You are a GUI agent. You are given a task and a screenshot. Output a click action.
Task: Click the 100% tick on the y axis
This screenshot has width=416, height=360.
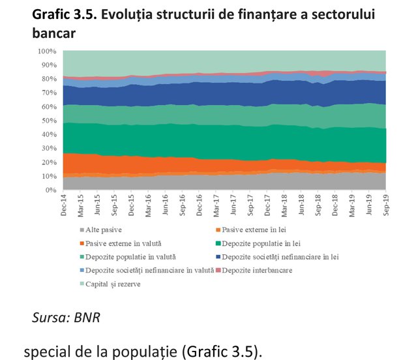pyautogui.click(x=47, y=52)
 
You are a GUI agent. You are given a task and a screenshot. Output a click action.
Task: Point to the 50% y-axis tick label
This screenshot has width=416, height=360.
pyautogui.click(x=49, y=121)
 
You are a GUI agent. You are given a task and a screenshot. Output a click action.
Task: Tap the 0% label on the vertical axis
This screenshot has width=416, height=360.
pyautogui.click(x=51, y=190)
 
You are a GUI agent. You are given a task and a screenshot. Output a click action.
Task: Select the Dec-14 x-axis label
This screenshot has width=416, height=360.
pyautogui.click(x=63, y=205)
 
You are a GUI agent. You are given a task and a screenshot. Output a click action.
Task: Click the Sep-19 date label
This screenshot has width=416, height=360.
pyautogui.click(x=386, y=205)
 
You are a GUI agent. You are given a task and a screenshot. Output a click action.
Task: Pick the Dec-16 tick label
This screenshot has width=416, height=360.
pyautogui.click(x=200, y=205)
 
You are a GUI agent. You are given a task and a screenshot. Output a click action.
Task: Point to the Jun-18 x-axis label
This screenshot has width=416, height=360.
pyautogui.click(x=301, y=205)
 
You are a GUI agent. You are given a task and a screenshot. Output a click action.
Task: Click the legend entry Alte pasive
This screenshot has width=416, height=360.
pyautogui.click(x=101, y=230)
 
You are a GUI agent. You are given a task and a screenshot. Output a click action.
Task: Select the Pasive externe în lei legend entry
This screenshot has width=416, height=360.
pyautogui.click(x=251, y=230)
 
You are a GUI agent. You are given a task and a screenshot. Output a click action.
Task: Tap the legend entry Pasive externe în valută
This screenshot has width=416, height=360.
pyautogui.click(x=121, y=243)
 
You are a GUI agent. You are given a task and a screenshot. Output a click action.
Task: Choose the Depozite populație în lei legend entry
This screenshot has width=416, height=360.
pyautogui.click(x=258, y=243)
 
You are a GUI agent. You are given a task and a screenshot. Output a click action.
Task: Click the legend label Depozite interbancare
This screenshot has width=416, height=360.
pyautogui.click(x=254, y=271)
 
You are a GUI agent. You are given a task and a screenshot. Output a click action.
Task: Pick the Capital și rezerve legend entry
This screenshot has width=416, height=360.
pyautogui.click(x=110, y=284)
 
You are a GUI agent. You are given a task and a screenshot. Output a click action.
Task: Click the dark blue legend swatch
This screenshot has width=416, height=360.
pyautogui.click(x=218, y=257)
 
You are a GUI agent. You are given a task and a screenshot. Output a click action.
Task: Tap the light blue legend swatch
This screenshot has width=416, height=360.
pyautogui.click(x=82, y=271)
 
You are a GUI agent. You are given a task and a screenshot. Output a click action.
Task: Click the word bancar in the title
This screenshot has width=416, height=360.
pyautogui.click(x=54, y=33)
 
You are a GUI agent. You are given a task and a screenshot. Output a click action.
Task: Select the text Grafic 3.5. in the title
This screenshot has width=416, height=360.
pyautogui.click(x=64, y=14)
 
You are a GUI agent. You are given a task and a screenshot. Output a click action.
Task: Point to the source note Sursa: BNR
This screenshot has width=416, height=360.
pyautogui.click(x=66, y=318)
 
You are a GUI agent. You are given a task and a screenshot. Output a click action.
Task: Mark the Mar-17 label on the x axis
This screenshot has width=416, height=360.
pyautogui.click(x=216, y=205)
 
